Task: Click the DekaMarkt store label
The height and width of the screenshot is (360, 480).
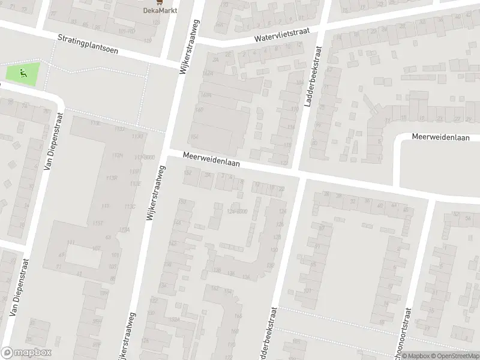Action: click(x=155, y=10)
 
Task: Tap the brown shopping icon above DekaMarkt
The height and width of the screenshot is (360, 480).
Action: click(x=155, y=2)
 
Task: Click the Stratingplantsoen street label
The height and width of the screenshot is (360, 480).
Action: click(x=88, y=44)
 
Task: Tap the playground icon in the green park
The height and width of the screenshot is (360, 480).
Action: click(x=23, y=74)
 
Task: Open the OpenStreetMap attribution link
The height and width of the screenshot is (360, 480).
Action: click(x=454, y=355)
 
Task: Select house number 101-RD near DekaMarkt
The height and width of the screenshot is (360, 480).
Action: click(x=126, y=30)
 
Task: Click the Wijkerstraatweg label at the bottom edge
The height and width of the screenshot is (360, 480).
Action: click(x=127, y=336)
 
